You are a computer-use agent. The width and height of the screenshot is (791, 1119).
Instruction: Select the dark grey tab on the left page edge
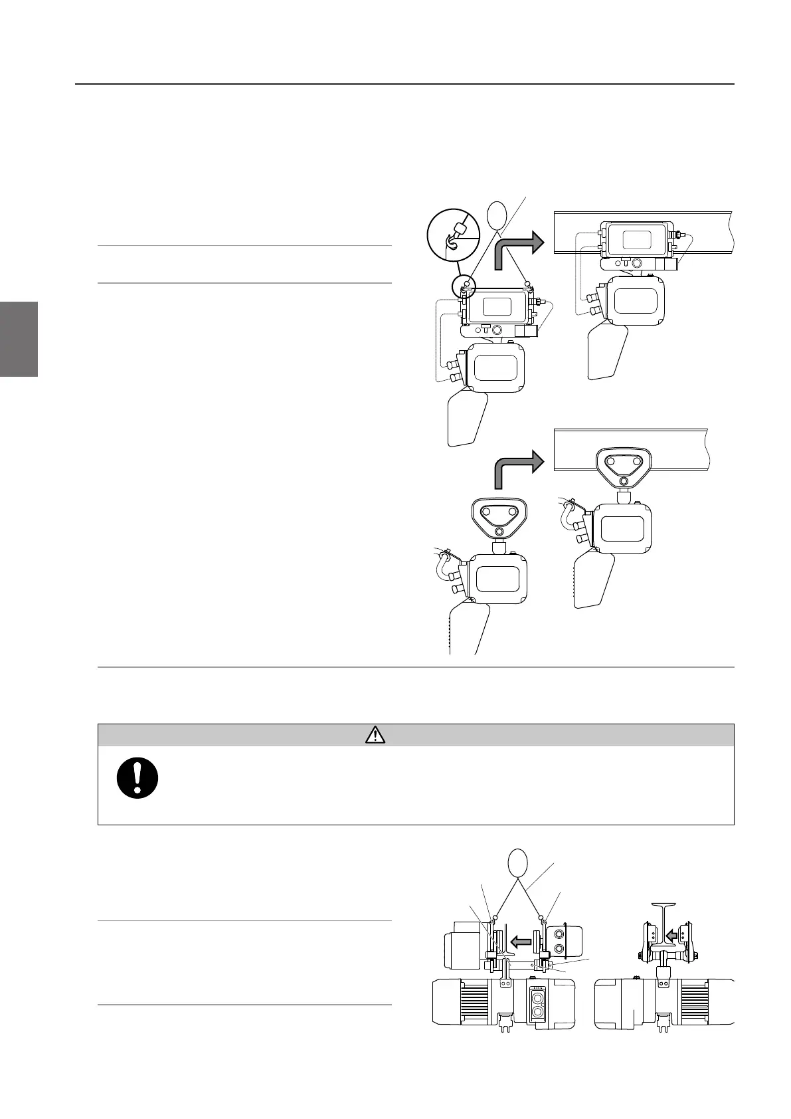[19, 339]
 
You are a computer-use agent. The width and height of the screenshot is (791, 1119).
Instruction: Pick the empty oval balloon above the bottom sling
[517, 864]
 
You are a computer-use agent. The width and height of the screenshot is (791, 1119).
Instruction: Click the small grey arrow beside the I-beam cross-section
[673, 936]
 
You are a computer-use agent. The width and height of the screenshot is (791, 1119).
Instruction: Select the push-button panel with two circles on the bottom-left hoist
[537, 1004]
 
